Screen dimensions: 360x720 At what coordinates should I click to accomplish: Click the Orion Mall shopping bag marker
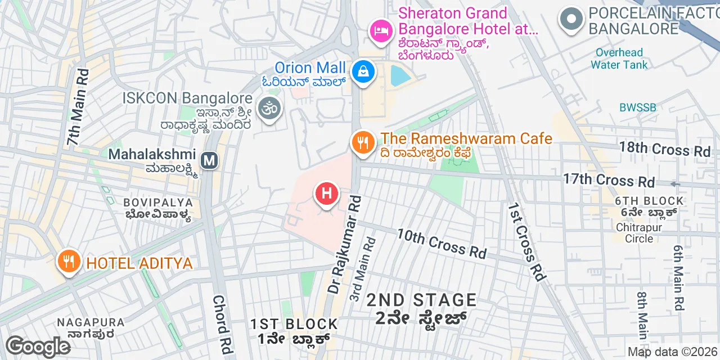click(364, 72)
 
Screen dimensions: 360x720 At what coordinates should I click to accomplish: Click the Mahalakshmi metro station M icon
click(210, 160)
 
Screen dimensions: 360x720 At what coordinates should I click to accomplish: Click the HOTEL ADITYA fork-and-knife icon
click(69, 261)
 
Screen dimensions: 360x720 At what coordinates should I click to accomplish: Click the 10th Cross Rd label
click(442, 244)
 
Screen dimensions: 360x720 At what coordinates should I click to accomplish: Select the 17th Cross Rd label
click(609, 180)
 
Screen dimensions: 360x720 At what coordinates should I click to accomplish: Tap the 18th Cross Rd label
click(664, 149)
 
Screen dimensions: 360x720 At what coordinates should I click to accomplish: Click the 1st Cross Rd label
click(527, 242)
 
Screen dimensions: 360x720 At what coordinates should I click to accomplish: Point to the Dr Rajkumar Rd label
click(344, 245)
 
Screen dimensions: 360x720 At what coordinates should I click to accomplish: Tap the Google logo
click(38, 346)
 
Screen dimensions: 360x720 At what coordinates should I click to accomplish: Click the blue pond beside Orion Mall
click(401, 75)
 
